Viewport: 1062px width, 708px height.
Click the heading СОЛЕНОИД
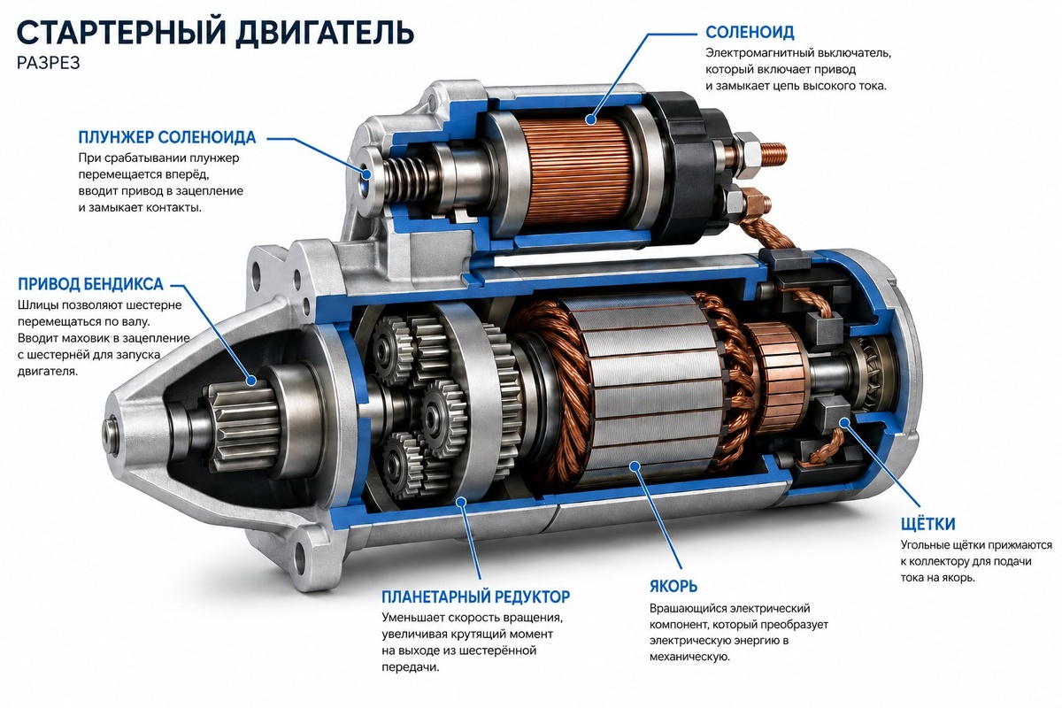[750, 32]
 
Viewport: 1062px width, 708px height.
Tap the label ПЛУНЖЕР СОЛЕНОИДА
[167, 137]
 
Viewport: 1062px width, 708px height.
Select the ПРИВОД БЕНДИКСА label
[90, 284]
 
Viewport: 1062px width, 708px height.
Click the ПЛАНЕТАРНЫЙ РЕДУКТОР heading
[475, 596]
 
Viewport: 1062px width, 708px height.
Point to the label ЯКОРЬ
[673, 586]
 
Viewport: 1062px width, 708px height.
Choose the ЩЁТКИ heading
[927, 524]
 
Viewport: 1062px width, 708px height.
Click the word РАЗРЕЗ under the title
[49, 63]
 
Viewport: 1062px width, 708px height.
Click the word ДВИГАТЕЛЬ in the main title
[325, 32]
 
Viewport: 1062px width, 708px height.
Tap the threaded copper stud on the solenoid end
[773, 154]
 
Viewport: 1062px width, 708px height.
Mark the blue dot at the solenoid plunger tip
[366, 174]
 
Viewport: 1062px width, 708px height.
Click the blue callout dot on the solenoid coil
[590, 119]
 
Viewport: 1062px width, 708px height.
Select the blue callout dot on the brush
[844, 422]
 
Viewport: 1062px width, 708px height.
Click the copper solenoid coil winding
[579, 173]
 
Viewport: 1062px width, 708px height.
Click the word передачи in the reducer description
[411, 667]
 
